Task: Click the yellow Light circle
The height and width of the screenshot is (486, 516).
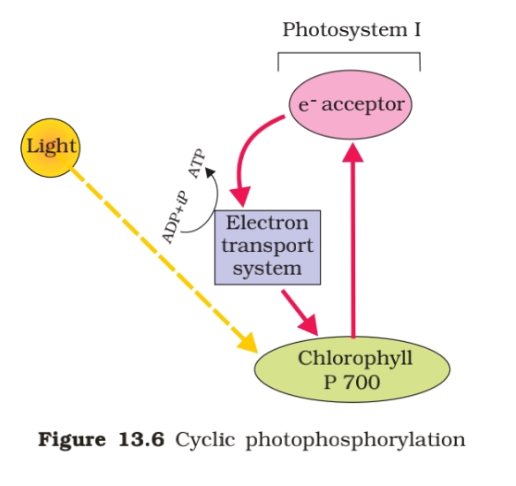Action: pos(50,147)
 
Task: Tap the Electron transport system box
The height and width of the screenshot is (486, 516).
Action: pos(266,245)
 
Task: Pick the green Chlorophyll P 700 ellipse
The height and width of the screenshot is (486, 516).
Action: pos(351,370)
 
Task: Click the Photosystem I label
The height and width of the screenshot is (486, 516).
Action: pos(351,29)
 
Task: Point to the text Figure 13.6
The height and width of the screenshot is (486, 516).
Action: pos(100,439)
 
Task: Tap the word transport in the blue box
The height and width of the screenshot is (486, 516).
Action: pos(266,245)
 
